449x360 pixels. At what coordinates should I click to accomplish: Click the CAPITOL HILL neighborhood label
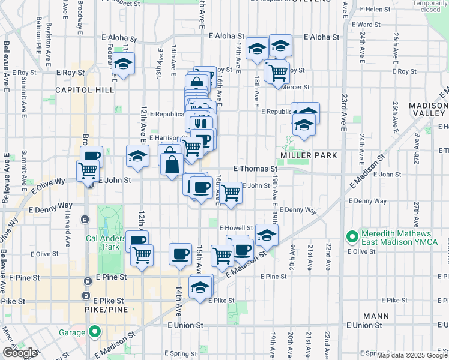click(x=85, y=89)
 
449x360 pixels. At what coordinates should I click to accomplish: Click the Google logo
click(x=20, y=353)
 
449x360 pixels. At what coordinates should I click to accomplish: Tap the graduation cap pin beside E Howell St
click(x=267, y=235)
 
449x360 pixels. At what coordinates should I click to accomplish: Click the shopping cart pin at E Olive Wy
click(x=88, y=171)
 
